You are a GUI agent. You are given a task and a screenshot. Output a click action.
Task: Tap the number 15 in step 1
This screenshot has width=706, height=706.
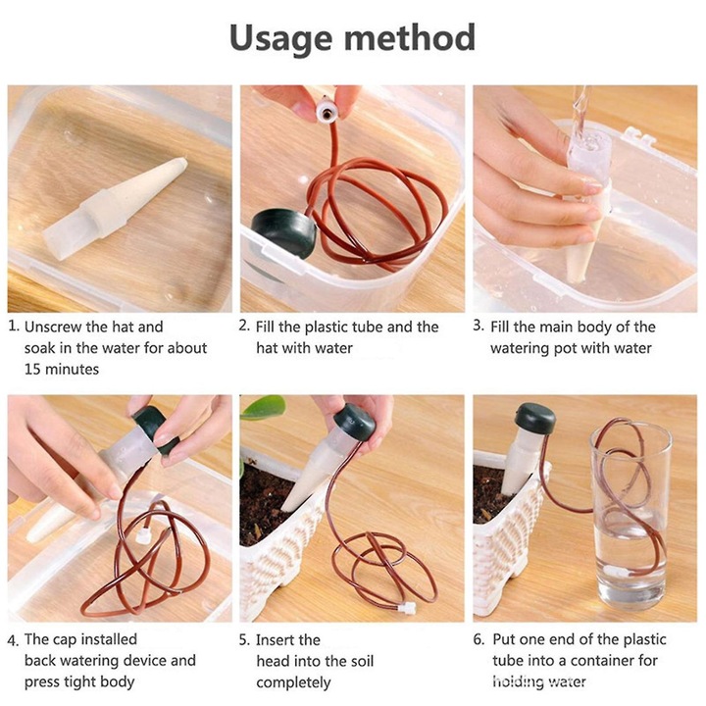[x=32, y=370]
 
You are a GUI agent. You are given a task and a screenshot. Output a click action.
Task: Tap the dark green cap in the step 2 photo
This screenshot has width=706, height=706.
[x=283, y=232]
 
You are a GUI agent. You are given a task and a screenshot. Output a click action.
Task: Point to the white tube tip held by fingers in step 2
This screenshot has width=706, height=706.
[x=326, y=111]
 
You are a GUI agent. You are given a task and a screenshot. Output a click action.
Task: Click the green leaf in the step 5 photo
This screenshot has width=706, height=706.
[x=264, y=407]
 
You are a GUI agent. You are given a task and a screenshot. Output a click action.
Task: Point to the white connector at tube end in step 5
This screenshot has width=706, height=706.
[x=407, y=609]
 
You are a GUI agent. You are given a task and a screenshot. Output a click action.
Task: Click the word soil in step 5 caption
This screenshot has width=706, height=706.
[x=362, y=661]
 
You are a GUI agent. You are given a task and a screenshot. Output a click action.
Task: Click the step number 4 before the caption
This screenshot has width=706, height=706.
[x=13, y=640]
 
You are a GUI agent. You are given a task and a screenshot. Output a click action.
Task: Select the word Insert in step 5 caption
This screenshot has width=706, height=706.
[x=288, y=639]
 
